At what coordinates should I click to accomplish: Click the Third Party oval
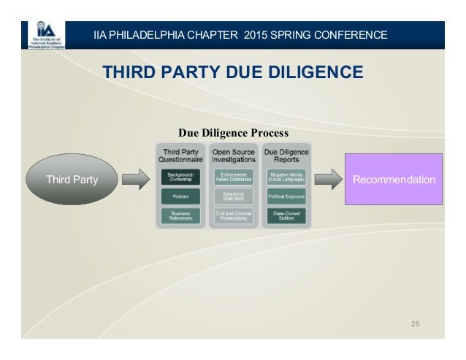coord(72,179)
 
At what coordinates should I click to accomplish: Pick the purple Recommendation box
coord(394,179)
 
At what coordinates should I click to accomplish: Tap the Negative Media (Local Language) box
coord(286,177)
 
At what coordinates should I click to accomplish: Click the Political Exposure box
coord(286,196)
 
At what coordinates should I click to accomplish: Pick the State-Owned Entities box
coord(286,215)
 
